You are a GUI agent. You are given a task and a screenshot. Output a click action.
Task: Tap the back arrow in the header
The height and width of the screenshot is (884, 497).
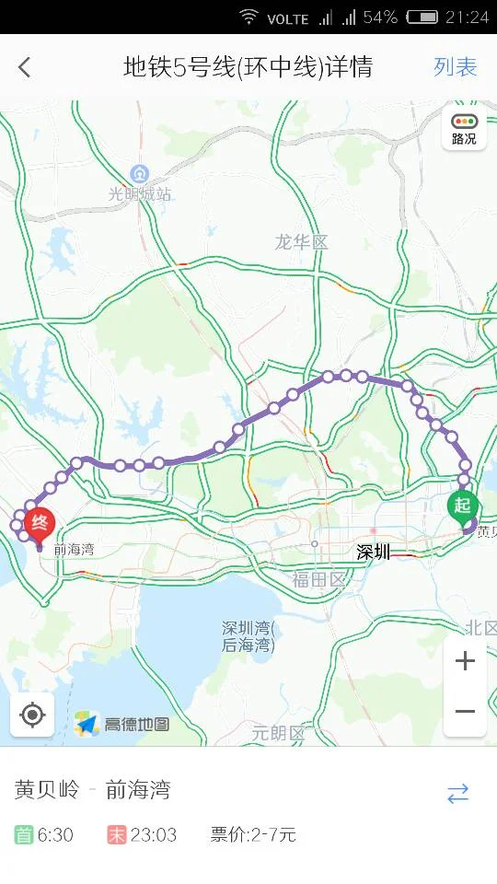[x=25, y=67]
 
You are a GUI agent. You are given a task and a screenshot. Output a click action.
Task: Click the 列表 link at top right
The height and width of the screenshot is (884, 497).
[x=456, y=67]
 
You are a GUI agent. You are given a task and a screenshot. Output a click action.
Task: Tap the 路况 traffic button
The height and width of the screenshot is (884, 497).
[x=464, y=129]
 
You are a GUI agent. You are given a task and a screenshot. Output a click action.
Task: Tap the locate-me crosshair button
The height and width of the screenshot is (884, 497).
[x=32, y=715]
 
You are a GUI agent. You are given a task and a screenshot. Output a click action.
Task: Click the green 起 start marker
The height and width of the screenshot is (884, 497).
[x=462, y=506]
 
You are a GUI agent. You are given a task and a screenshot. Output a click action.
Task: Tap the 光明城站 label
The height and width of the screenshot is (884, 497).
[x=140, y=193]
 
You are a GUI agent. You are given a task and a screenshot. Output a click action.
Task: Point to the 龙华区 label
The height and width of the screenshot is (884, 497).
[x=301, y=242]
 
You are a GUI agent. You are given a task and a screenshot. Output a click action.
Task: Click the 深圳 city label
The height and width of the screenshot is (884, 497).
[x=374, y=552]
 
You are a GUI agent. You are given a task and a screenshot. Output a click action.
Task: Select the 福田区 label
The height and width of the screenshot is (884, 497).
[x=318, y=579]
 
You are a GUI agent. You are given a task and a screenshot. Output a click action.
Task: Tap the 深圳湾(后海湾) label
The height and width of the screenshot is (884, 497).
[x=248, y=636]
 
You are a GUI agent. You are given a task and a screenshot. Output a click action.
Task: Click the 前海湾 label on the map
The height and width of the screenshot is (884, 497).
[x=74, y=549]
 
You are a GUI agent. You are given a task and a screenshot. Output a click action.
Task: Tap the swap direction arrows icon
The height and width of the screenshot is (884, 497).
[x=457, y=794]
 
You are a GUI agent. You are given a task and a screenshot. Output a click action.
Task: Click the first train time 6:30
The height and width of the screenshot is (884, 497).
[x=55, y=835]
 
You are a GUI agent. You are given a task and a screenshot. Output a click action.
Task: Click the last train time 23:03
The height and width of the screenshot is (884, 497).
[x=153, y=835]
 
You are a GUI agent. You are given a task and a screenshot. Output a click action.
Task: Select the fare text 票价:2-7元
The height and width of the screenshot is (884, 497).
[x=253, y=835]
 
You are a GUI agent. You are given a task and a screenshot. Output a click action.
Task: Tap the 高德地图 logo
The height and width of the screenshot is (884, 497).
[x=123, y=724]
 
